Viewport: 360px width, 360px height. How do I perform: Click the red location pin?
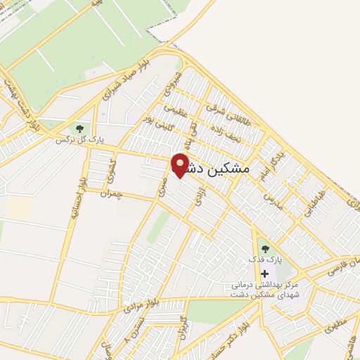pyautogui.click(x=179, y=165)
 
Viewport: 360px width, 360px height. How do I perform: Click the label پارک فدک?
pyautogui.click(x=264, y=260)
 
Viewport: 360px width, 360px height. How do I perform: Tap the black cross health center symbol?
pyautogui.click(x=264, y=274)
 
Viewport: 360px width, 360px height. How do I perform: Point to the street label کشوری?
pyautogui.click(x=110, y=169)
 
